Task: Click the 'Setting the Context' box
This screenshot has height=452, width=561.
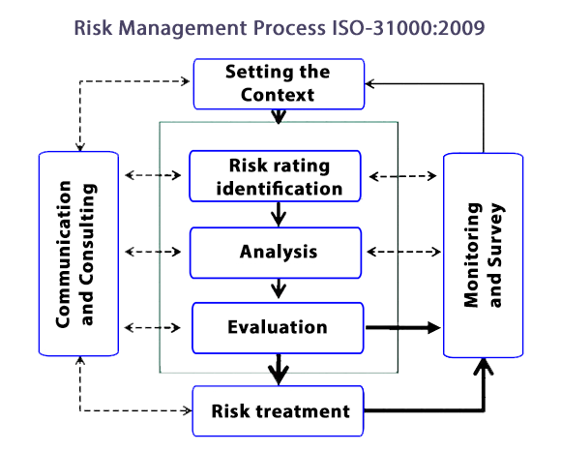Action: (279, 84)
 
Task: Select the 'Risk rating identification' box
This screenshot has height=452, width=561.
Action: (275, 176)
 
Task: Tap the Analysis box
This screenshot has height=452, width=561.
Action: (276, 253)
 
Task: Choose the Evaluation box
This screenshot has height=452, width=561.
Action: (278, 328)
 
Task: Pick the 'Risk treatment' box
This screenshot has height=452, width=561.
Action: (278, 410)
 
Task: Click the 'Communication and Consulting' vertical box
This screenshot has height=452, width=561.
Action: (78, 254)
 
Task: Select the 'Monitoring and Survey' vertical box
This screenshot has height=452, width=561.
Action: (484, 256)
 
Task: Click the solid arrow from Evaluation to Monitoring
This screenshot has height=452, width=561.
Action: (403, 327)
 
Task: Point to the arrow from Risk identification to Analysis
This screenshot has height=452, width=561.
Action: (279, 214)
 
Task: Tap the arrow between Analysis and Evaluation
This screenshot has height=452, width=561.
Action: (279, 288)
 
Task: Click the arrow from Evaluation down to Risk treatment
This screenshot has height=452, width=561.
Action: (279, 370)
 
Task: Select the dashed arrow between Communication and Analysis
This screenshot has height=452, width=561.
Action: (153, 252)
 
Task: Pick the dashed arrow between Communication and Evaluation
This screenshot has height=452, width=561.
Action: (153, 328)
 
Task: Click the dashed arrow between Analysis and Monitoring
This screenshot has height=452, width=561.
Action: (404, 252)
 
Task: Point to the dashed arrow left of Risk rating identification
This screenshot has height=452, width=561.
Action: (153, 175)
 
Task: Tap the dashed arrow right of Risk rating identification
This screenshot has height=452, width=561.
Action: (403, 176)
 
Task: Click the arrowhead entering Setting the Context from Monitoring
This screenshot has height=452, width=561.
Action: (369, 84)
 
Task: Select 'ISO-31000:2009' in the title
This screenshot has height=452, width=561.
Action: (408, 28)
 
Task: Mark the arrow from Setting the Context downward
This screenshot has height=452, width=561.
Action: (279, 116)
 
